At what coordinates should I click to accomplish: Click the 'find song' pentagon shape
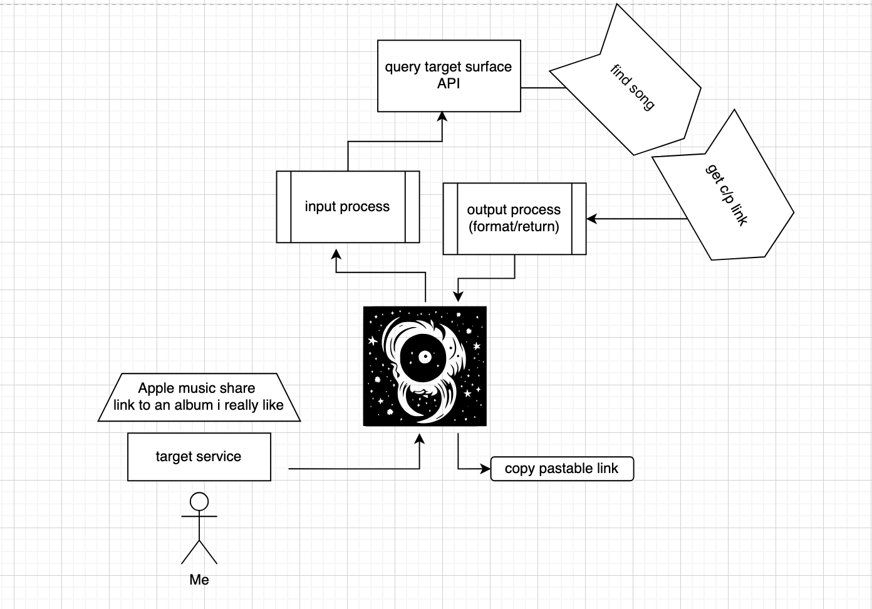pos(633,88)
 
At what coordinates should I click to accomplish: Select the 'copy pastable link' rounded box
pos(562,469)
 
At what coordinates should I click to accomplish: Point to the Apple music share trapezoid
pos(199,397)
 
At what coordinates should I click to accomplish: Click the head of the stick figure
pos(199,501)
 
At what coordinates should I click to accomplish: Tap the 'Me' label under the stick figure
pos(199,580)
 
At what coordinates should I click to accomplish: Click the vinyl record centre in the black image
pos(425,357)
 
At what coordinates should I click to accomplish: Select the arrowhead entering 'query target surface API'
pos(442,117)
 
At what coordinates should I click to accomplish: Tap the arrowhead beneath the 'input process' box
pos(336,254)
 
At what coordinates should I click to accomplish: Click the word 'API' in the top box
pos(449,83)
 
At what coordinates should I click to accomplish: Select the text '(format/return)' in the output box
pos(514,227)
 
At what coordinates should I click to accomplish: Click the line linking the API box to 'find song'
pos(542,88)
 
